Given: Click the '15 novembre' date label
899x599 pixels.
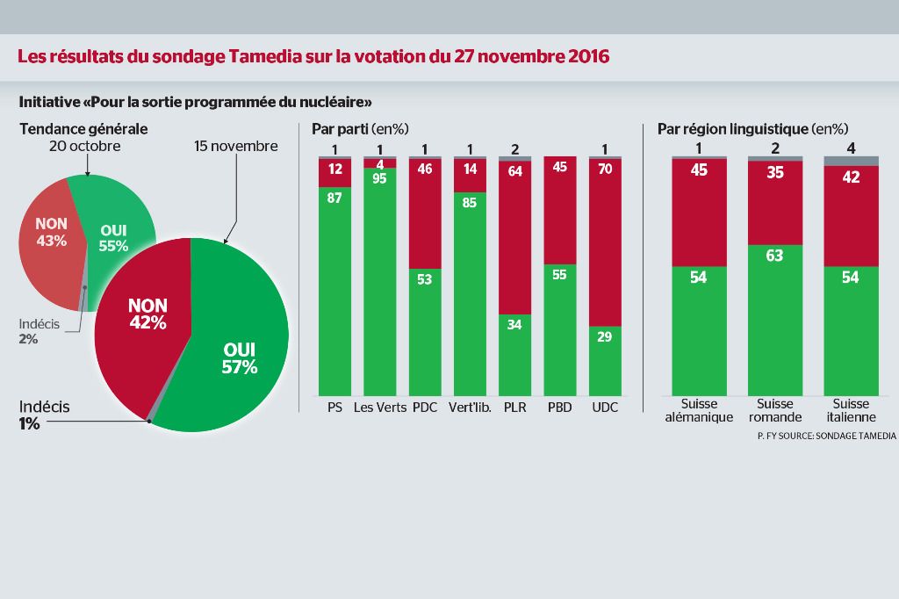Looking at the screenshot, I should (x=236, y=146).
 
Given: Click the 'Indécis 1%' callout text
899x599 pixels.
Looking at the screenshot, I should (x=45, y=415).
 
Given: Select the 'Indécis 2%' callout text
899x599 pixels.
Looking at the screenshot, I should (x=39, y=330).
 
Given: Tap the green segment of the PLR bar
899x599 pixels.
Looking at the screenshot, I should (x=514, y=360).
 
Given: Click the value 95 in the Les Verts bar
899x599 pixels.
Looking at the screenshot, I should (x=379, y=179).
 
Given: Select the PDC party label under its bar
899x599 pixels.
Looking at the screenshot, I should (x=425, y=408).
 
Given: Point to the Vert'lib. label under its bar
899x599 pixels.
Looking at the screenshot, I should (x=470, y=408).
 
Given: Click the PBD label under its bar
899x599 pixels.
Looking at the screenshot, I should (x=560, y=408).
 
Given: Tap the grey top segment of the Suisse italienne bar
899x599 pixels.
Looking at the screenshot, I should (x=851, y=161).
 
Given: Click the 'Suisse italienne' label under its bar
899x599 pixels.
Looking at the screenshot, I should (x=851, y=411).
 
